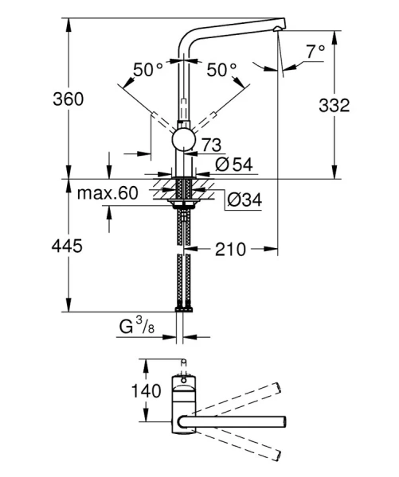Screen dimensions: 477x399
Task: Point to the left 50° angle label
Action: click(147, 71)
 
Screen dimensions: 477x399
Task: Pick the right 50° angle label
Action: click(221, 71)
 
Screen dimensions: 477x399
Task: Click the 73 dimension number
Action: click(211, 145)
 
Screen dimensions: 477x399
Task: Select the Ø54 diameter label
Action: click(233, 165)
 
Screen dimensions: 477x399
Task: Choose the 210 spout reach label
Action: click(230, 249)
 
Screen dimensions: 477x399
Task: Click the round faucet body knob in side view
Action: click(183, 141)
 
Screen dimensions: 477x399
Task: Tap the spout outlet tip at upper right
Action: click(276, 29)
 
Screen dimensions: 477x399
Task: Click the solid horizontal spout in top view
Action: click(239, 421)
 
